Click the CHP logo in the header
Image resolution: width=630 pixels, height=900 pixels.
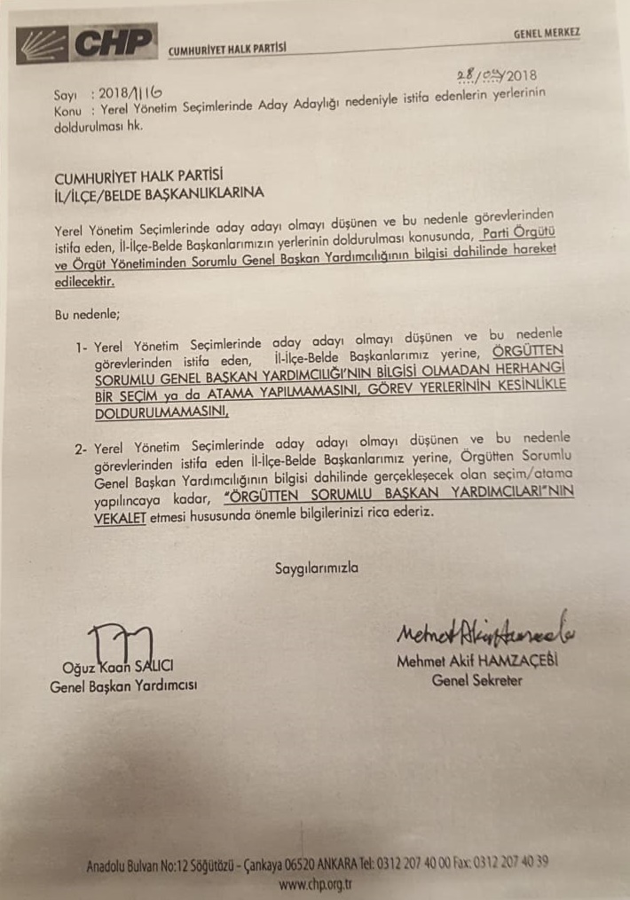pos(86,43)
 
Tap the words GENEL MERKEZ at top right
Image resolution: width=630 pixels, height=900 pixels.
pos(547,33)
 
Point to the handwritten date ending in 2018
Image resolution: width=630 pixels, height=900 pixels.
pos(497,76)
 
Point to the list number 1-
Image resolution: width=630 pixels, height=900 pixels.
pos(83,346)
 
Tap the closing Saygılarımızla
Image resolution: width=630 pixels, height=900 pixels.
pos(317,567)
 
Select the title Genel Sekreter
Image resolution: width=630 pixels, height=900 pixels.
pos(476,681)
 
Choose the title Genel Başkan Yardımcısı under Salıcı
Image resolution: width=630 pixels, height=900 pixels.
pos(123,685)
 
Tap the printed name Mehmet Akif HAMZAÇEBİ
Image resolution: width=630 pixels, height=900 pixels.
pos(479,663)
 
